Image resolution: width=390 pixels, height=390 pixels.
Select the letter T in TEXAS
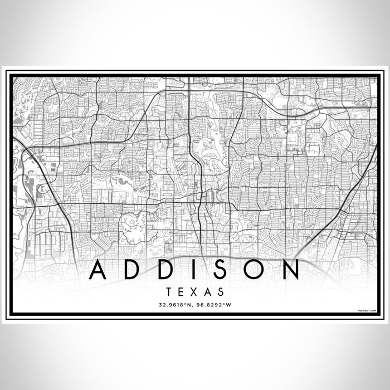168,291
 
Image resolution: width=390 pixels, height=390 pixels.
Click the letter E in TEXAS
181,291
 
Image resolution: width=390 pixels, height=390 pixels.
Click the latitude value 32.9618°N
175,304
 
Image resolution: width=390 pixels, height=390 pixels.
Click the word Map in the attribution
360,310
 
